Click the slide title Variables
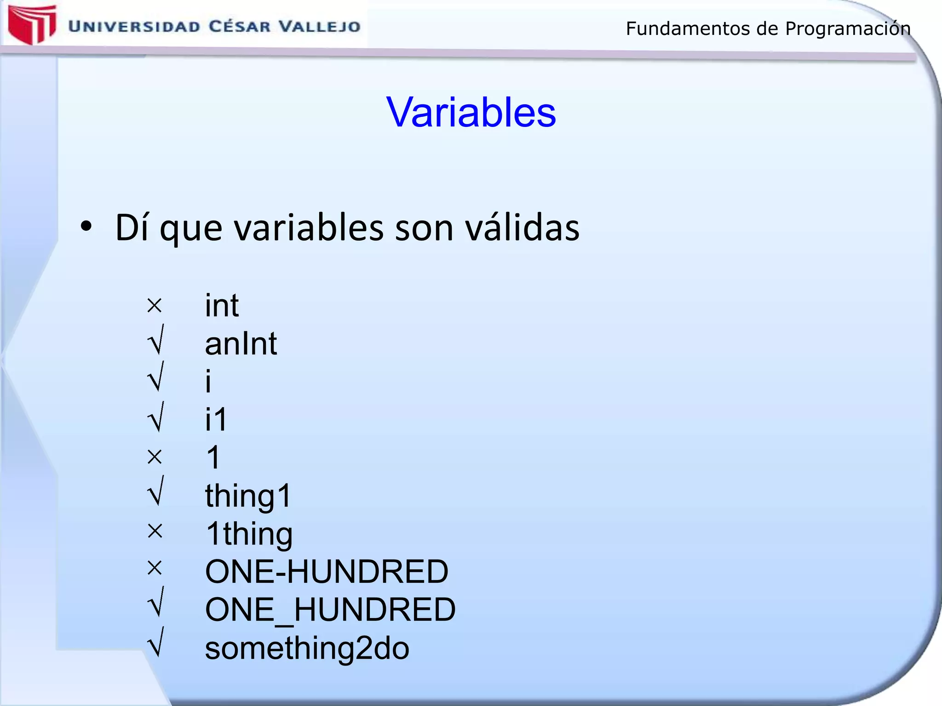[x=471, y=112]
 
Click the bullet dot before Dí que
[x=86, y=227]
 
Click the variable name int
[x=222, y=305]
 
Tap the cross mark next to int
[x=155, y=306]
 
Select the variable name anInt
[x=241, y=344]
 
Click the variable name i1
[x=216, y=419]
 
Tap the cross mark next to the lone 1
[x=155, y=457]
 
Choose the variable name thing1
[x=248, y=496]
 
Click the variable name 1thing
[x=249, y=534]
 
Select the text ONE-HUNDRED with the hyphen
[x=327, y=572]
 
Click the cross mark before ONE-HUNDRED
[x=155, y=569]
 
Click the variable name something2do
[x=307, y=649]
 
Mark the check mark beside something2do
[x=156, y=643]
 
